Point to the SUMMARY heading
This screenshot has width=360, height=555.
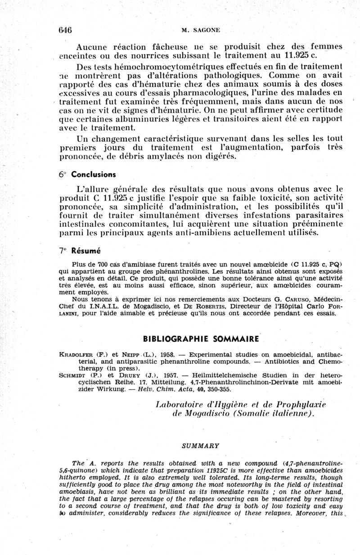200,446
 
